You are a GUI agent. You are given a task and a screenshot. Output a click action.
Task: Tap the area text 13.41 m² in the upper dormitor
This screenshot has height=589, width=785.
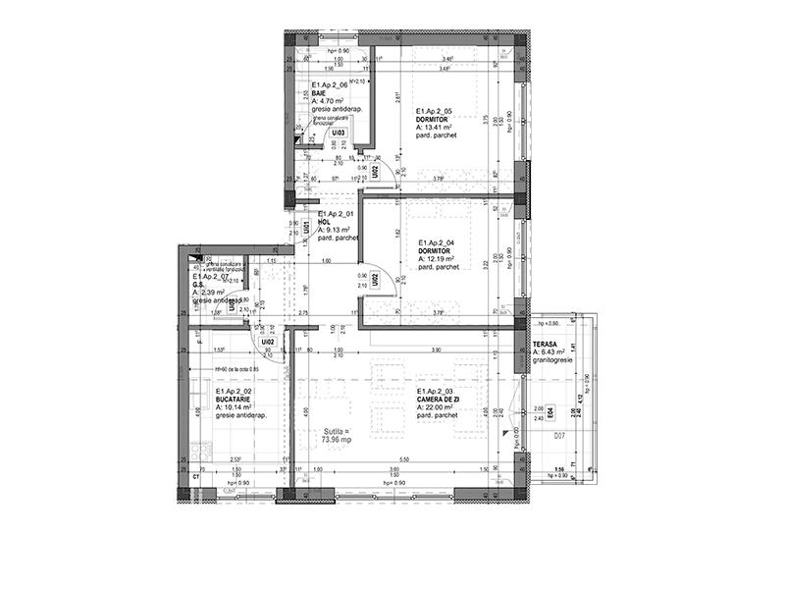click(436, 128)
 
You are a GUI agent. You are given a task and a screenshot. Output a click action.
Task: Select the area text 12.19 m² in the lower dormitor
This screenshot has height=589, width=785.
click(439, 258)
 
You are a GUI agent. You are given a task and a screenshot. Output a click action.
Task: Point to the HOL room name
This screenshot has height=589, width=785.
click(323, 221)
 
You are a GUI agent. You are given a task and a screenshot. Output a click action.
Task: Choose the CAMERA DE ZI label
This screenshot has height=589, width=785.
click(438, 400)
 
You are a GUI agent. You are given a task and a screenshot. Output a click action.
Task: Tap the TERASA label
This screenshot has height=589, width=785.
click(546, 345)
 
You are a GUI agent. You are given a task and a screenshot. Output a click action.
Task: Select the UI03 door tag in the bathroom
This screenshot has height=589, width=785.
click(338, 132)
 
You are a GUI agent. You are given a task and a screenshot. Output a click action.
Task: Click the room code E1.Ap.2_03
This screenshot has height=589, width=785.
click(437, 391)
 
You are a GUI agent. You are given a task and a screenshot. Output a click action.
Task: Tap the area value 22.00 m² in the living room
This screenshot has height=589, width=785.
click(440, 407)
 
